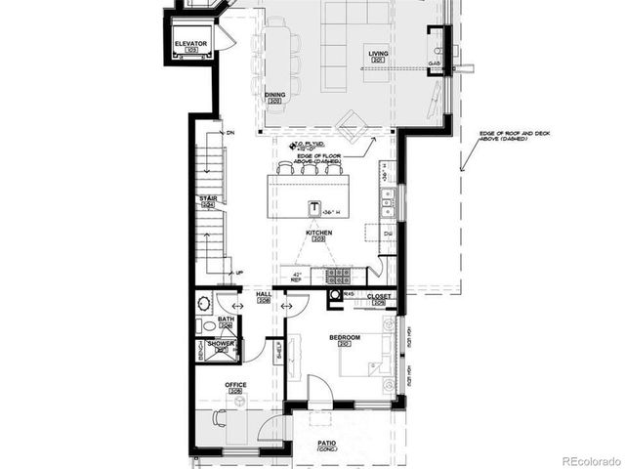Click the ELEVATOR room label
[x=189, y=45]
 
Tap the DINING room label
[x=274, y=95]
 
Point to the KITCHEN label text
[x=318, y=234]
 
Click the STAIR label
[x=207, y=198]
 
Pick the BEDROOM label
[x=345, y=338]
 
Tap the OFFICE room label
[x=235, y=385]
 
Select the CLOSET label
[x=379, y=295]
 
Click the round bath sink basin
[x=207, y=326]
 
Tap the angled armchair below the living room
[x=349, y=121]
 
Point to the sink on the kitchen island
[x=314, y=208]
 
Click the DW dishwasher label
[x=388, y=234]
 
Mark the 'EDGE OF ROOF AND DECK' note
[x=503, y=136]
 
